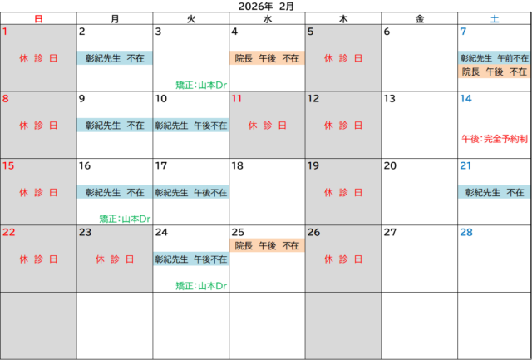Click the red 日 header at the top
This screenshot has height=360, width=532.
tap(38, 18)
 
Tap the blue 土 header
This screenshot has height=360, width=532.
tap(494, 18)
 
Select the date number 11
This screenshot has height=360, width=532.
tap(237, 98)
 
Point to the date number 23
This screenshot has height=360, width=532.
tap(86, 232)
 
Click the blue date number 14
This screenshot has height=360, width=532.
tap(465, 98)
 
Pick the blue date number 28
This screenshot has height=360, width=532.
tap(466, 232)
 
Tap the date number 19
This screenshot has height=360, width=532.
tap(313, 165)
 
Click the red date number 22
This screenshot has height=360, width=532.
tap(9, 232)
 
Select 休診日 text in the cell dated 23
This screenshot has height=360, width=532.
tap(114, 259)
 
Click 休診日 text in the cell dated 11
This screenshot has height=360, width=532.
tap(267, 126)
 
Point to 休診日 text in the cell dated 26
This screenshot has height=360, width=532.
tap(342, 259)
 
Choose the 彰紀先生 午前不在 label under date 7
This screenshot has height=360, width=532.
tap(494, 58)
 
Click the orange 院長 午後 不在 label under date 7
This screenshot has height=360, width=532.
tap(494, 72)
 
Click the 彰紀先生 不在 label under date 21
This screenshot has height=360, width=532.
tap(494, 192)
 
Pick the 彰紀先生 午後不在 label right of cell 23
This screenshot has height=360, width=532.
tap(190, 259)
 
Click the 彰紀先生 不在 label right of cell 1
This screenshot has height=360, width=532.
tap(115, 58)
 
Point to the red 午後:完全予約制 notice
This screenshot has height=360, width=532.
tap(494, 139)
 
